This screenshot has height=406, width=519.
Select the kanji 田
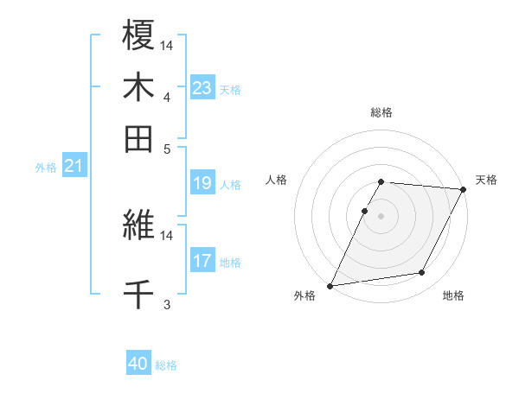coord(138,138)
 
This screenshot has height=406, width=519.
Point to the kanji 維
coord(138,226)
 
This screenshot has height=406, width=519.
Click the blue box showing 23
coord(202,88)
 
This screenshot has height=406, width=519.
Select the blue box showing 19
coord(202,183)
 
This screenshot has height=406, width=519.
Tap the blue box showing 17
coord(202,261)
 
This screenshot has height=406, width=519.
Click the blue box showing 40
coord(138,365)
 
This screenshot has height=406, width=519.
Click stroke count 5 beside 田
coord(166,148)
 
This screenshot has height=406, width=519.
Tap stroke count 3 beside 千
coord(166,304)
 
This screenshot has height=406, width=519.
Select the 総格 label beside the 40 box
coord(166,365)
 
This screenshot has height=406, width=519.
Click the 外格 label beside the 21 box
coord(46,168)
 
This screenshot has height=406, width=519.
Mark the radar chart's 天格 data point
coord(465,189)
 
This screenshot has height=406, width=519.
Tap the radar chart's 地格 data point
coord(422,273)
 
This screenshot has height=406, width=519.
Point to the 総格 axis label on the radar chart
coord(381,112)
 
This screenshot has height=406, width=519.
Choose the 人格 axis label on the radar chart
coord(277,180)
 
